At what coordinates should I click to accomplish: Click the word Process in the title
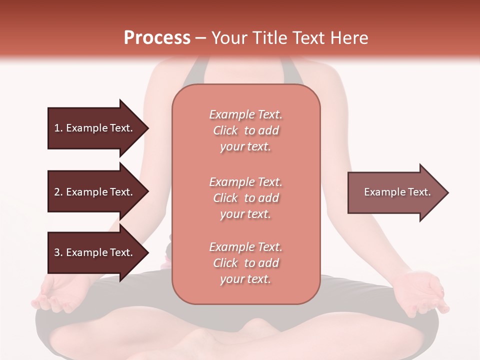click(157, 38)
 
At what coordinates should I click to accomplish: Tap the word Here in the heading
click(350, 38)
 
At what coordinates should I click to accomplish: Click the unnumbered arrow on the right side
click(395, 192)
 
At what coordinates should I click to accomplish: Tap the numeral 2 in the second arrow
click(57, 192)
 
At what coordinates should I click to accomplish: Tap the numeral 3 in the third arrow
click(57, 252)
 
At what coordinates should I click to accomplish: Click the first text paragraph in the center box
click(245, 130)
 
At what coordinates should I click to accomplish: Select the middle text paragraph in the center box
click(245, 197)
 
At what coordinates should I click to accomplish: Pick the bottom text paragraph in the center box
click(245, 263)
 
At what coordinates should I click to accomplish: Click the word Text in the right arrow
click(419, 192)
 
